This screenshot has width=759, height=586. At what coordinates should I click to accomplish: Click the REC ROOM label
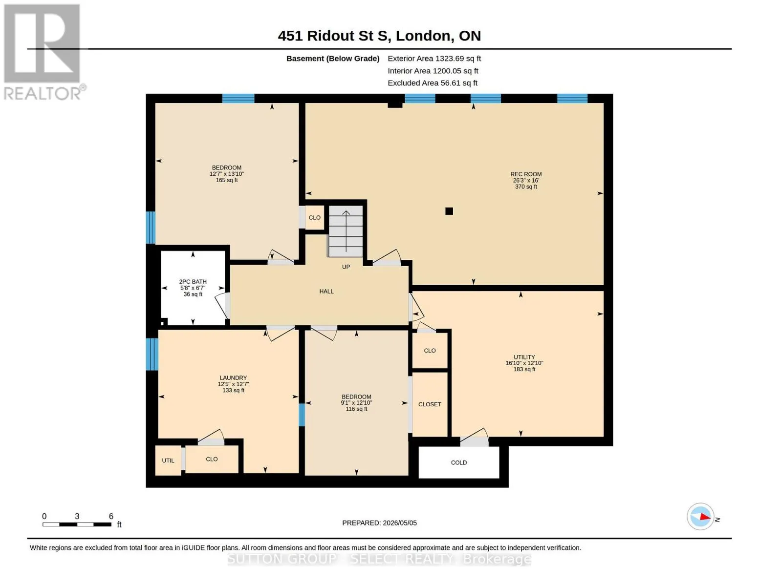pos(526,174)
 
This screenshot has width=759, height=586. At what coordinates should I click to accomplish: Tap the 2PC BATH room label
pos(193,282)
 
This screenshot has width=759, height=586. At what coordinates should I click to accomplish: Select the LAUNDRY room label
pos(233,377)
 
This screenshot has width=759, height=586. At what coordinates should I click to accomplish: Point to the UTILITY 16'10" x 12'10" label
pos(524,363)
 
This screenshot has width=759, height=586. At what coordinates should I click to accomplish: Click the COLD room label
pos(458,462)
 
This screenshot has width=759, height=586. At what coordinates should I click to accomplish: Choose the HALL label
pos(326,291)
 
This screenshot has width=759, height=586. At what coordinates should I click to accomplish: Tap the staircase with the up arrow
pos(346,231)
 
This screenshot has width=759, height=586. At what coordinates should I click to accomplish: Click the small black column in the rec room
pos(449,211)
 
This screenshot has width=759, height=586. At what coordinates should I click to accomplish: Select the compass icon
pos(700,517)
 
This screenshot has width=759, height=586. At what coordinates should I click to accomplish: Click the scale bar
pos(77,524)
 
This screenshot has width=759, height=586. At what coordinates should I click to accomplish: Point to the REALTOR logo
pos(43,52)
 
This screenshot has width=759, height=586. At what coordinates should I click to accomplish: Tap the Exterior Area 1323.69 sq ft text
pos(434,59)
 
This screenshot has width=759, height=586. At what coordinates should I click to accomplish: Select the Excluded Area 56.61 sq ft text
pos(433,83)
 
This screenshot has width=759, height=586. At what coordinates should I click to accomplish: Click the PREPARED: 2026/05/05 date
pos(379,523)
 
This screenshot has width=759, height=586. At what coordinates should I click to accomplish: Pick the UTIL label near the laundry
pos(168,460)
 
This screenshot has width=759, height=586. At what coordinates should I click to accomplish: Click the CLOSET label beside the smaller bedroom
pos(430,404)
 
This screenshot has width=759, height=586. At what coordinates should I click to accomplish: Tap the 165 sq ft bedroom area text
pos(227,180)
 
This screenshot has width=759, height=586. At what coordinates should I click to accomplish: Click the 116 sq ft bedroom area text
pos(356,409)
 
